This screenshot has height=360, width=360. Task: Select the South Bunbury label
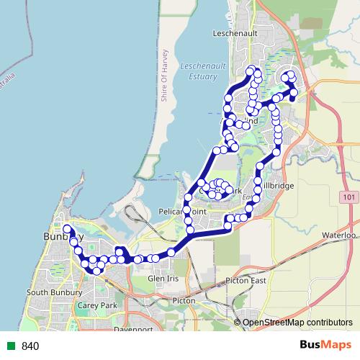pos(47,293)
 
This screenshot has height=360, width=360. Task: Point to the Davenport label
pos(135,329)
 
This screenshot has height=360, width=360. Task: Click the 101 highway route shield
pos(350,197)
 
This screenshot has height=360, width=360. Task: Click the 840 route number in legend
pos(30,346)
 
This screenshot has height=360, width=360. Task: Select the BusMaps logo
pos(323,345)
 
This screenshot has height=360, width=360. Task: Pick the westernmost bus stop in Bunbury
pos(67,229)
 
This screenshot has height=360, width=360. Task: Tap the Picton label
pos(184,300)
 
